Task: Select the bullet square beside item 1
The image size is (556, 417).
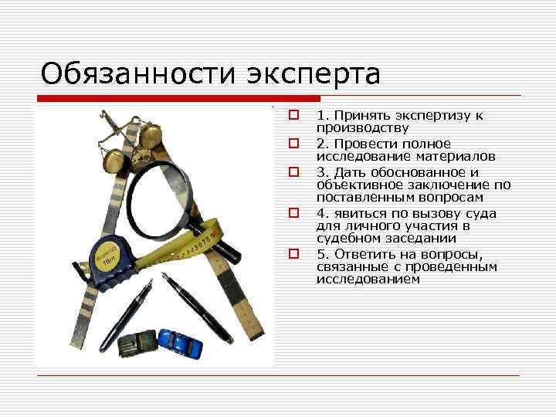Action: click(x=293, y=116)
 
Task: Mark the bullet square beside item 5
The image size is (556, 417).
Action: click(x=293, y=253)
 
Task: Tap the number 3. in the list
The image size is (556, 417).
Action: click(x=321, y=172)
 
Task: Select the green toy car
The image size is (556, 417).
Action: click(x=137, y=344)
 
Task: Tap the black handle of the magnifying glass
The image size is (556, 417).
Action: click(x=222, y=242)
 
